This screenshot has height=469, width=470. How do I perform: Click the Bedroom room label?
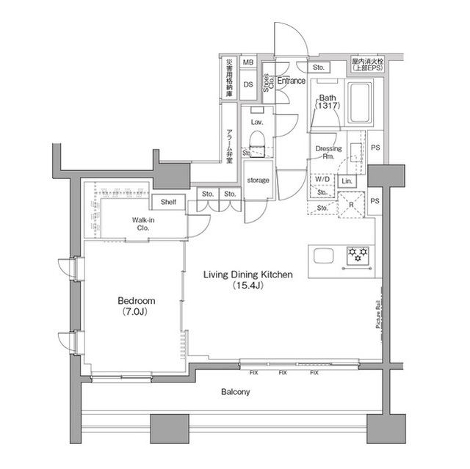[136, 301]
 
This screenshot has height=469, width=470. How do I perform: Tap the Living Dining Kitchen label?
[248, 275]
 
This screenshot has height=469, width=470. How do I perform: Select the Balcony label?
[236, 392]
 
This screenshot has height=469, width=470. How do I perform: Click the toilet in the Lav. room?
[258, 141]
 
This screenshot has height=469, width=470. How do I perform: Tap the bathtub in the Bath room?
[360, 103]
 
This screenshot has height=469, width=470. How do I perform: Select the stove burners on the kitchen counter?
[359, 255]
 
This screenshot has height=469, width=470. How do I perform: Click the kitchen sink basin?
[324, 255]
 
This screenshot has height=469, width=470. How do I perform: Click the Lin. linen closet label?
[347, 181]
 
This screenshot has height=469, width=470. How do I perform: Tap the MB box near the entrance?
[248, 64]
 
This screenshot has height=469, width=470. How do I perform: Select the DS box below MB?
[248, 84]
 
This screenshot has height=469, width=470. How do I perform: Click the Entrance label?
[292, 81]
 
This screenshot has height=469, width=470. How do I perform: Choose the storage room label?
[258, 180]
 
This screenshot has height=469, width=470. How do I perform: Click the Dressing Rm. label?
[328, 153]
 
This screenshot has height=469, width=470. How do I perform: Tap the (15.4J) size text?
[248, 285]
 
